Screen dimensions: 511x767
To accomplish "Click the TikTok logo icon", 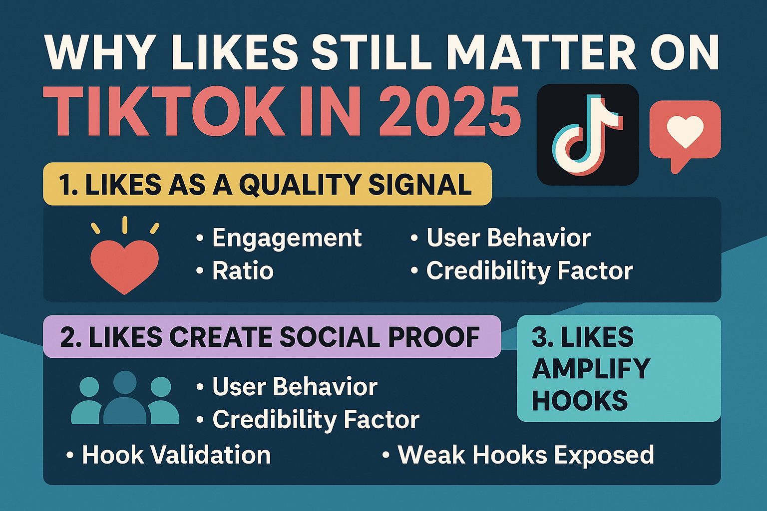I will tap(587, 135).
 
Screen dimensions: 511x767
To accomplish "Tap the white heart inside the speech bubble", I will tap(685, 131).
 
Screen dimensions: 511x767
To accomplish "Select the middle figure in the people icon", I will tap(125, 399).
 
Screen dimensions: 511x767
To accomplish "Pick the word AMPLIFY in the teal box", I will tap(591, 369).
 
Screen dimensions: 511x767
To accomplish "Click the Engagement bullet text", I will tap(287, 238).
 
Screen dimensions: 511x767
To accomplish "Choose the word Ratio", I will tap(243, 271).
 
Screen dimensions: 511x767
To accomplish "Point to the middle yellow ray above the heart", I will tap(125, 225).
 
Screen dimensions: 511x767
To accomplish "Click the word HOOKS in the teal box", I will tap(580, 401).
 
